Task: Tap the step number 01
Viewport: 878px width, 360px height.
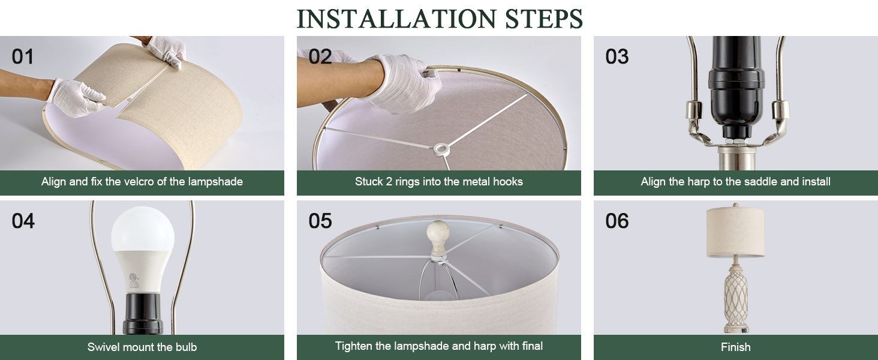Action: tap(23, 57)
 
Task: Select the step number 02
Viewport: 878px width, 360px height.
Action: tap(320, 57)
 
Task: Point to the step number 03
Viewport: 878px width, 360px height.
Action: tap(617, 57)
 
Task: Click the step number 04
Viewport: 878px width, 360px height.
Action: tap(23, 221)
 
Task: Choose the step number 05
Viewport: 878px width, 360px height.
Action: tap(320, 221)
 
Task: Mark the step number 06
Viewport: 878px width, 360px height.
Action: tap(617, 221)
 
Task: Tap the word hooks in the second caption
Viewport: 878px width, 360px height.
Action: tap(507, 182)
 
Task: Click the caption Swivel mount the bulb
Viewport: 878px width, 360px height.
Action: tap(142, 347)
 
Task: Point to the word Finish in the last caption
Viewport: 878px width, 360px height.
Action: tap(736, 347)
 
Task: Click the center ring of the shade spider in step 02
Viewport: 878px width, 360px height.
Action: tap(443, 147)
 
